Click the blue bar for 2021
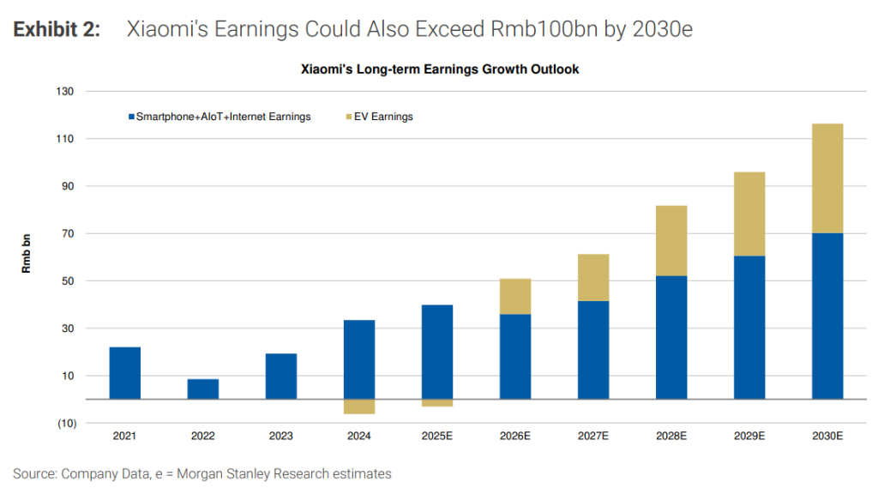(x=125, y=373)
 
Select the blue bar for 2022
(x=203, y=389)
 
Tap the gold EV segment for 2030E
(x=827, y=178)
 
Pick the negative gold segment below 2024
(x=359, y=407)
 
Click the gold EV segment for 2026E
(x=515, y=297)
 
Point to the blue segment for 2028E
(x=671, y=337)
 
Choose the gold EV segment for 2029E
(x=749, y=214)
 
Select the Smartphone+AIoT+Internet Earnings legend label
(x=224, y=117)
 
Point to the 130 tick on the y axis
(x=66, y=91)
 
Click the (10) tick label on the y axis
(x=64, y=424)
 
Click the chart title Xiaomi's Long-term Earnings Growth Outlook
(x=439, y=69)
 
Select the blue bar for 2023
(x=281, y=377)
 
